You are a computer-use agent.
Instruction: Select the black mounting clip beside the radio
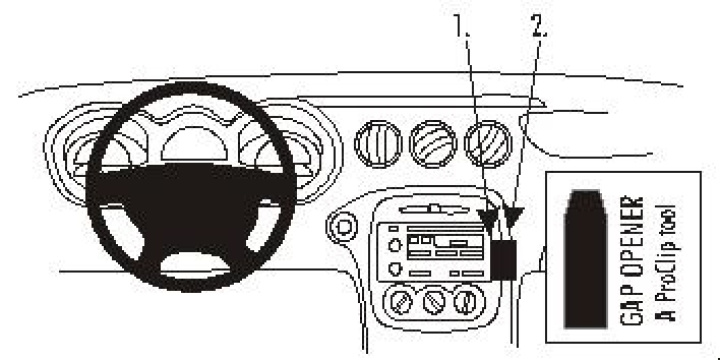coord(504,260)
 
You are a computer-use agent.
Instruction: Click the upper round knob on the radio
coord(396,243)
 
